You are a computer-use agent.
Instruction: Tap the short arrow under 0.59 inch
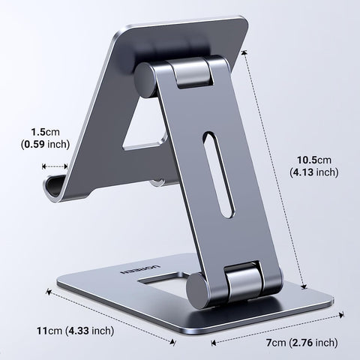click(57, 168)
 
